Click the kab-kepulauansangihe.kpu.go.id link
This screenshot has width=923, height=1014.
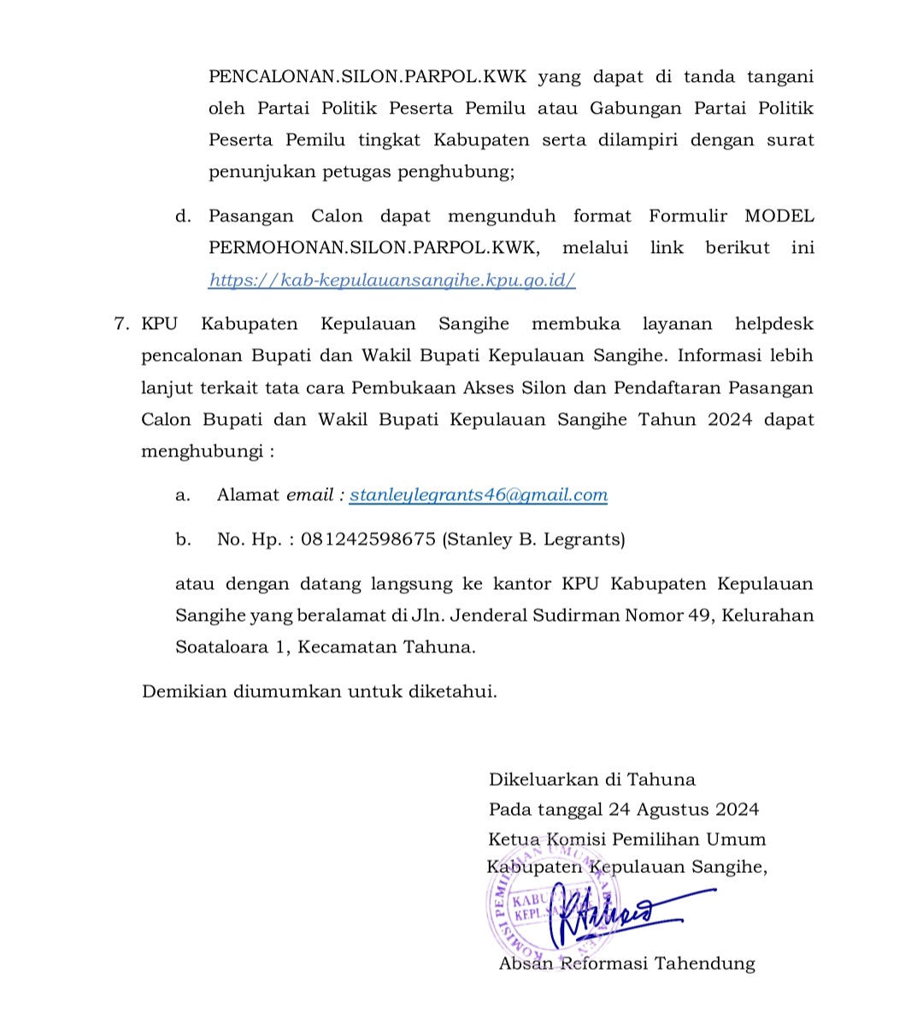[x=392, y=280]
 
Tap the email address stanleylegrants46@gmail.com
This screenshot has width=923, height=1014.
[x=479, y=495]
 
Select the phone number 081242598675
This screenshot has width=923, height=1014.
[x=368, y=539]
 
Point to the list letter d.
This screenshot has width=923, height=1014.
[x=182, y=217]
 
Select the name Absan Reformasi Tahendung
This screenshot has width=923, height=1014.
[x=627, y=964]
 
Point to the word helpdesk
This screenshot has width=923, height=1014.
[x=773, y=324]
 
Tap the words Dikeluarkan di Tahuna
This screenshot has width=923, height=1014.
[x=591, y=780]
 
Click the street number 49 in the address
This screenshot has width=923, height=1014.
[x=698, y=616]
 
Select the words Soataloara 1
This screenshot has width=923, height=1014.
[x=229, y=647]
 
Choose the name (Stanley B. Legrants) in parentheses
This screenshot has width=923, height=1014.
[x=533, y=539]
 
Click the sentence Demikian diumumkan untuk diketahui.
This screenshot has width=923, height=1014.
[x=319, y=692]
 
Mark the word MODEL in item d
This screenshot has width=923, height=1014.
[x=779, y=217]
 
